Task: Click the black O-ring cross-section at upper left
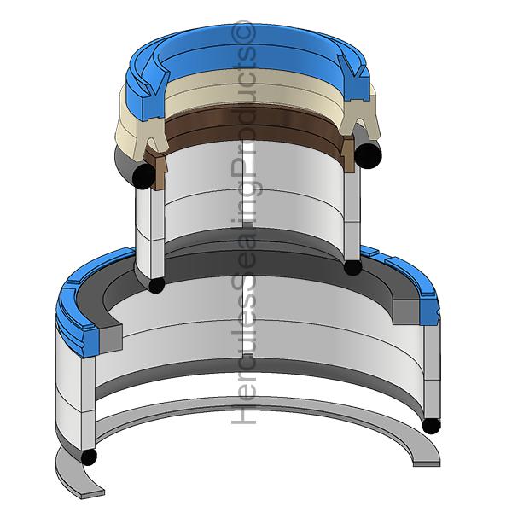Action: click(143, 177)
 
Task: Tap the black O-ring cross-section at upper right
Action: click(368, 156)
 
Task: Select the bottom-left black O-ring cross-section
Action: click(88, 457)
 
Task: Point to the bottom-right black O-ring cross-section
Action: click(431, 426)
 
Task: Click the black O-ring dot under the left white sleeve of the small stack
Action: click(156, 285)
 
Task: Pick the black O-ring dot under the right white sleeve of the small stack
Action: click(352, 267)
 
